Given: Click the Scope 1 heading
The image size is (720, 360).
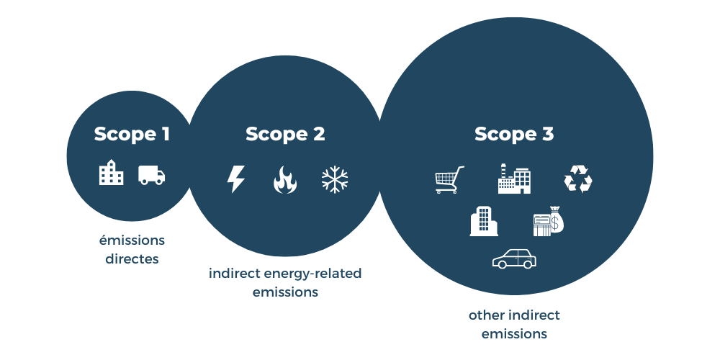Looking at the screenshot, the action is tap(132, 134).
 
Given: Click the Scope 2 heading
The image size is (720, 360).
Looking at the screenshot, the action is tap(285, 134).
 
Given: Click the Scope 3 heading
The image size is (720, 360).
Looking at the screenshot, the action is tap(514, 134).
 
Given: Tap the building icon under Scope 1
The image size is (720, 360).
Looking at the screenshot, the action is tap(112, 174).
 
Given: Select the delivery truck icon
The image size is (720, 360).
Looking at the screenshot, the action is tap(152, 175).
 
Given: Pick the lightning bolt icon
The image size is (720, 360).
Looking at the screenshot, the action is tap(235, 179).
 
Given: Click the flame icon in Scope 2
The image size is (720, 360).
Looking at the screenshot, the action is tap(285, 180).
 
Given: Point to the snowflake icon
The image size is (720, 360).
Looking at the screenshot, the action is tap(335, 179).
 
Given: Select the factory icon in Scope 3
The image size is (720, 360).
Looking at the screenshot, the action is tap(514, 179).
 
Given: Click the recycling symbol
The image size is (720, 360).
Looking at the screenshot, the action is tap(577, 179).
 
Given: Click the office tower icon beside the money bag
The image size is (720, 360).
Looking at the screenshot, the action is tap(484, 221).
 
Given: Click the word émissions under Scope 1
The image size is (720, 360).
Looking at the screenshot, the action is tap(132, 240).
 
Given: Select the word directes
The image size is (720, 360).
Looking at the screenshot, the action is tap(132, 258).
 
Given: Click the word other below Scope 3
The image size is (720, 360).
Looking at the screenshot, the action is tap(486, 315).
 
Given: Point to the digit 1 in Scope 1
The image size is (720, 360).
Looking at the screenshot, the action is tap(165, 134).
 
